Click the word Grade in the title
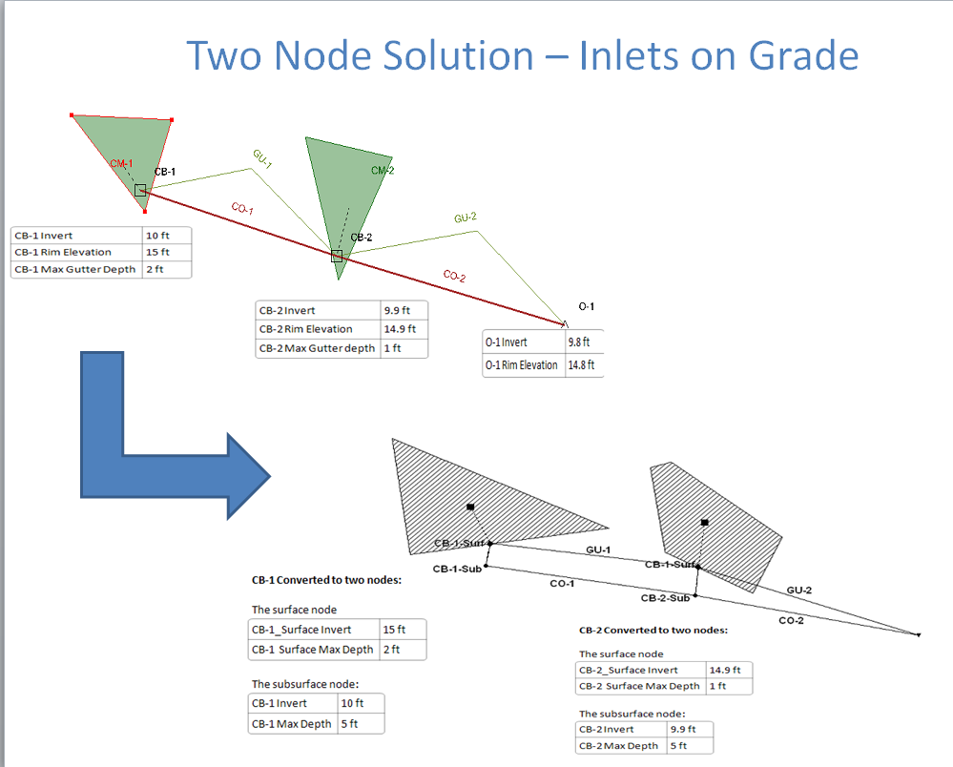pos(803,56)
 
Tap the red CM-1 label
pos(121,163)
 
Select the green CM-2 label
pos(383,171)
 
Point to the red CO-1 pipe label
pos(242,209)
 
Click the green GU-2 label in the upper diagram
pos(466,218)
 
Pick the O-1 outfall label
pos(586,306)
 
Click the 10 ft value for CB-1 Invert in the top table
pos(157,236)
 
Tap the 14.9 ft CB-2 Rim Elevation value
pos(400,329)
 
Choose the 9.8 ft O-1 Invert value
pos(579,342)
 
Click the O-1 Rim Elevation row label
pos(521,365)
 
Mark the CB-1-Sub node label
pos(457,569)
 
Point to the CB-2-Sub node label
pos(665,598)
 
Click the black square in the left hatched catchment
pos(470,507)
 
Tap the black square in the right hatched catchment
pos(704,523)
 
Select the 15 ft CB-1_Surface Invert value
pos(394,630)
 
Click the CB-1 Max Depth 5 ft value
pos(349,724)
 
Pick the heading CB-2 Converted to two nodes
pos(653,631)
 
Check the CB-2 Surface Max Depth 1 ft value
pos(717,686)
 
